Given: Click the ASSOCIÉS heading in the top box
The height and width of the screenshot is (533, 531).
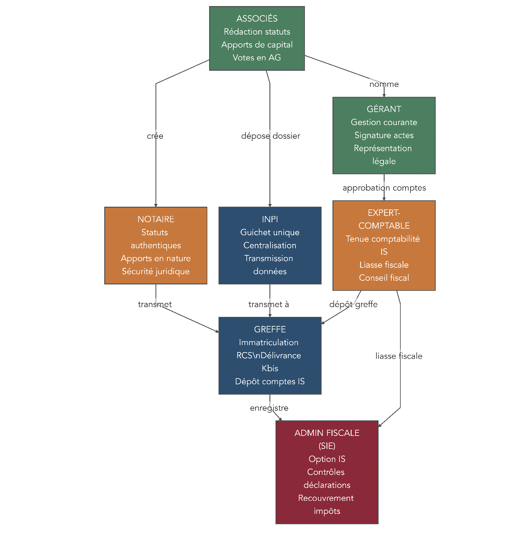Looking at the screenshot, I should tap(257, 19).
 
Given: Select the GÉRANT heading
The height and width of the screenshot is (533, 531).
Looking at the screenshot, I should tap(384, 109).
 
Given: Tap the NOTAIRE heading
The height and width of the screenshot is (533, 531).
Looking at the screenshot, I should tap(156, 219).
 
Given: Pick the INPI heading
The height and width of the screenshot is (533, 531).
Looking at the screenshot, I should tap(270, 219).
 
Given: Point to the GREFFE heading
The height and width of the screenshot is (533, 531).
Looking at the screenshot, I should tap(270, 329).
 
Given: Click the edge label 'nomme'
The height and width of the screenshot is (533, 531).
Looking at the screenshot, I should tap(384, 84).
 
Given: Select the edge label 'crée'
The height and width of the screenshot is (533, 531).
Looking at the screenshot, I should tap(155, 136).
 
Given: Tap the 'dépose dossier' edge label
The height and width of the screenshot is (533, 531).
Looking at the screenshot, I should tap(270, 136).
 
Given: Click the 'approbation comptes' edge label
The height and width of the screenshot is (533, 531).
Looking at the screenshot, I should tap(384, 188).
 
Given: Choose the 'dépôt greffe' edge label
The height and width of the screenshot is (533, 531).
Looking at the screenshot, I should tap(353, 304).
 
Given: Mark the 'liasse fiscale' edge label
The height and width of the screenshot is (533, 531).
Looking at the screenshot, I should tap(399, 356).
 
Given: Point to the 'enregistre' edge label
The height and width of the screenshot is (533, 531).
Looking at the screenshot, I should tap(269, 408).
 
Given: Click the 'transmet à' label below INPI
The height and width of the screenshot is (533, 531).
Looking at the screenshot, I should tap(269, 304).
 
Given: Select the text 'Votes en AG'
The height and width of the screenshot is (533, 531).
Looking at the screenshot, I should tap(257, 58).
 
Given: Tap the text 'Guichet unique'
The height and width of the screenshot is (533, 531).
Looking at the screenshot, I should tap(270, 232).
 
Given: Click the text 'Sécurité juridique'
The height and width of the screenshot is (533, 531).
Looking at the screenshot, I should tap(156, 271).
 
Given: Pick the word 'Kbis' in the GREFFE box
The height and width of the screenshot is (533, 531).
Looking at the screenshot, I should tap(270, 368).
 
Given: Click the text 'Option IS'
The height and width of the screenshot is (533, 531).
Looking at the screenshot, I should tap(327, 459).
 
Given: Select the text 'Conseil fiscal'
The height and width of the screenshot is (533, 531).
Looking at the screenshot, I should tap(384, 278).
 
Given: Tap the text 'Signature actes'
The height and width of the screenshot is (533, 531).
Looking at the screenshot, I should tap(384, 135).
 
